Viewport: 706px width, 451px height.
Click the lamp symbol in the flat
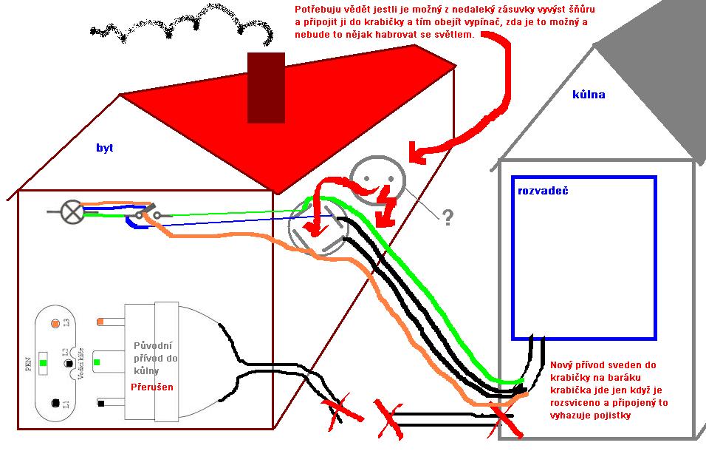pyautogui.click(x=72, y=213)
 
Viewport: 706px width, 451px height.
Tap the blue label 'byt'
pyautogui.click(x=105, y=148)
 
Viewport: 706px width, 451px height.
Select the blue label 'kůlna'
pyautogui.click(x=589, y=95)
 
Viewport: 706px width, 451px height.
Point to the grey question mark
pyautogui.click(x=447, y=217)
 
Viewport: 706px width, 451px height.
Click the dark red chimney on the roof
pyautogui.click(x=266, y=87)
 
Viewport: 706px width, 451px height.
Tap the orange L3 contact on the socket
pyautogui.click(x=55, y=324)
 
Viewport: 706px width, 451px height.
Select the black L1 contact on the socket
pyautogui.click(x=55, y=403)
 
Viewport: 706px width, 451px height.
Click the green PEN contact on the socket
pyautogui.click(x=44, y=363)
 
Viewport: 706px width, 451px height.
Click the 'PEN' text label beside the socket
pyautogui.click(x=29, y=363)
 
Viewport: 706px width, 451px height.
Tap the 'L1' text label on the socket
pyautogui.click(x=66, y=404)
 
